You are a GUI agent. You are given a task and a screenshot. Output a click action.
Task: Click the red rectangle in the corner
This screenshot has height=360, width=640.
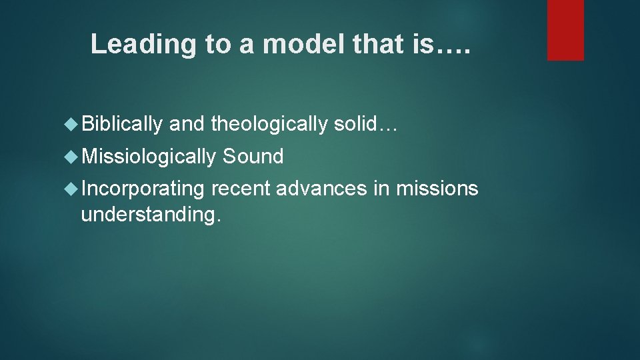pyautogui.click(x=565, y=30)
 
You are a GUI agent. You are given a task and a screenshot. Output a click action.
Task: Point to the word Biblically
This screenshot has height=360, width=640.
pyautogui.click(x=122, y=124)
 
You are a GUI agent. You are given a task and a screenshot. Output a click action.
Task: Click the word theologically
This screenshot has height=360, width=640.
pyautogui.click(x=269, y=124)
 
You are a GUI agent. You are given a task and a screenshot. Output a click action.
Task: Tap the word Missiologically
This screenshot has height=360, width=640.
pyautogui.click(x=148, y=157)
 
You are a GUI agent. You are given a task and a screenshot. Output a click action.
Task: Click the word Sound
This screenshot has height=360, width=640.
pyautogui.click(x=253, y=157)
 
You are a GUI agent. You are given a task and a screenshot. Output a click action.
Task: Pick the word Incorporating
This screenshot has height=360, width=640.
pyautogui.click(x=142, y=189)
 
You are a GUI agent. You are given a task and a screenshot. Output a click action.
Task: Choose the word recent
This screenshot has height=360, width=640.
pyautogui.click(x=241, y=189)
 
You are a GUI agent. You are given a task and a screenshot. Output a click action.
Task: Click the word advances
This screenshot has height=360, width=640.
pyautogui.click(x=321, y=189)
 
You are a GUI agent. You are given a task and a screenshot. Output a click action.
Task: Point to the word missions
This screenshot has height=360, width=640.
pyautogui.click(x=437, y=189)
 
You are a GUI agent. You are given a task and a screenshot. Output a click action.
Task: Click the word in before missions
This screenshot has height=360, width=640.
pyautogui.click(x=381, y=189)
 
